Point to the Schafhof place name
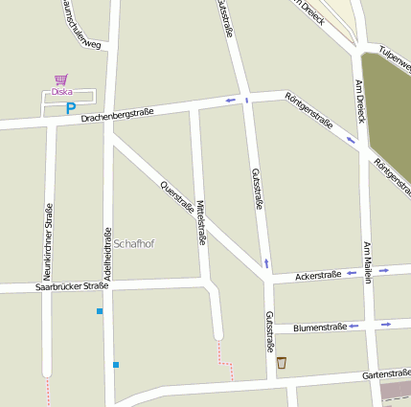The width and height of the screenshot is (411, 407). pyautogui.click(x=133, y=244)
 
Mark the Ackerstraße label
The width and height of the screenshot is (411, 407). pyautogui.click(x=319, y=275)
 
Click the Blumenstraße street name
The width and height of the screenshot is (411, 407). pyautogui.click(x=319, y=327)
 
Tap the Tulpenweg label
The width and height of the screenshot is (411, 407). pyautogui.click(x=394, y=57)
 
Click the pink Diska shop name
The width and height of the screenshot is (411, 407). pyautogui.click(x=62, y=92)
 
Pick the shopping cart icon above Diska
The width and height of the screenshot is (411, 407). pyautogui.click(x=61, y=79)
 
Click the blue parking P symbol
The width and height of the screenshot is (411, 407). pyautogui.click(x=70, y=108)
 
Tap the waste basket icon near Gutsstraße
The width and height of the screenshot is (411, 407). pyautogui.click(x=282, y=363)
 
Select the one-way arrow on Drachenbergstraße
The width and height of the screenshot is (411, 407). pyautogui.click(x=230, y=101)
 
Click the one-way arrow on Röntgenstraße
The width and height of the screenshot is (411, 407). pyautogui.click(x=350, y=140)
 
